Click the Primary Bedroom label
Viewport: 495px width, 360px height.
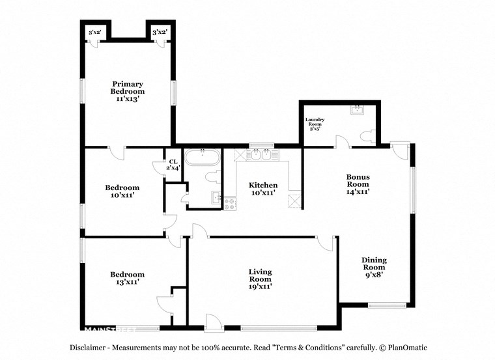click(128, 92)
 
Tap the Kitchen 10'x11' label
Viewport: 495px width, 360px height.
click(263, 189)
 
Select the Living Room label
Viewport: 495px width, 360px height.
click(260, 279)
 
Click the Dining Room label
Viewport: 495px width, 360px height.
click(374, 267)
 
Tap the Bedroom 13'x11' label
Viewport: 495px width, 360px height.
click(127, 279)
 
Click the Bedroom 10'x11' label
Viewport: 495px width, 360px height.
click(122, 191)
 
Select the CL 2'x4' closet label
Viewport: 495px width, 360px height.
click(173, 165)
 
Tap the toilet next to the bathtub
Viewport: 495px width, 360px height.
click(212, 176)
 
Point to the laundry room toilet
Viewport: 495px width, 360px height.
click(367, 136)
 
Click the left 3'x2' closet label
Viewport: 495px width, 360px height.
click(94, 31)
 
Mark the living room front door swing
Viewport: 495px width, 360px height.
click(212, 321)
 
